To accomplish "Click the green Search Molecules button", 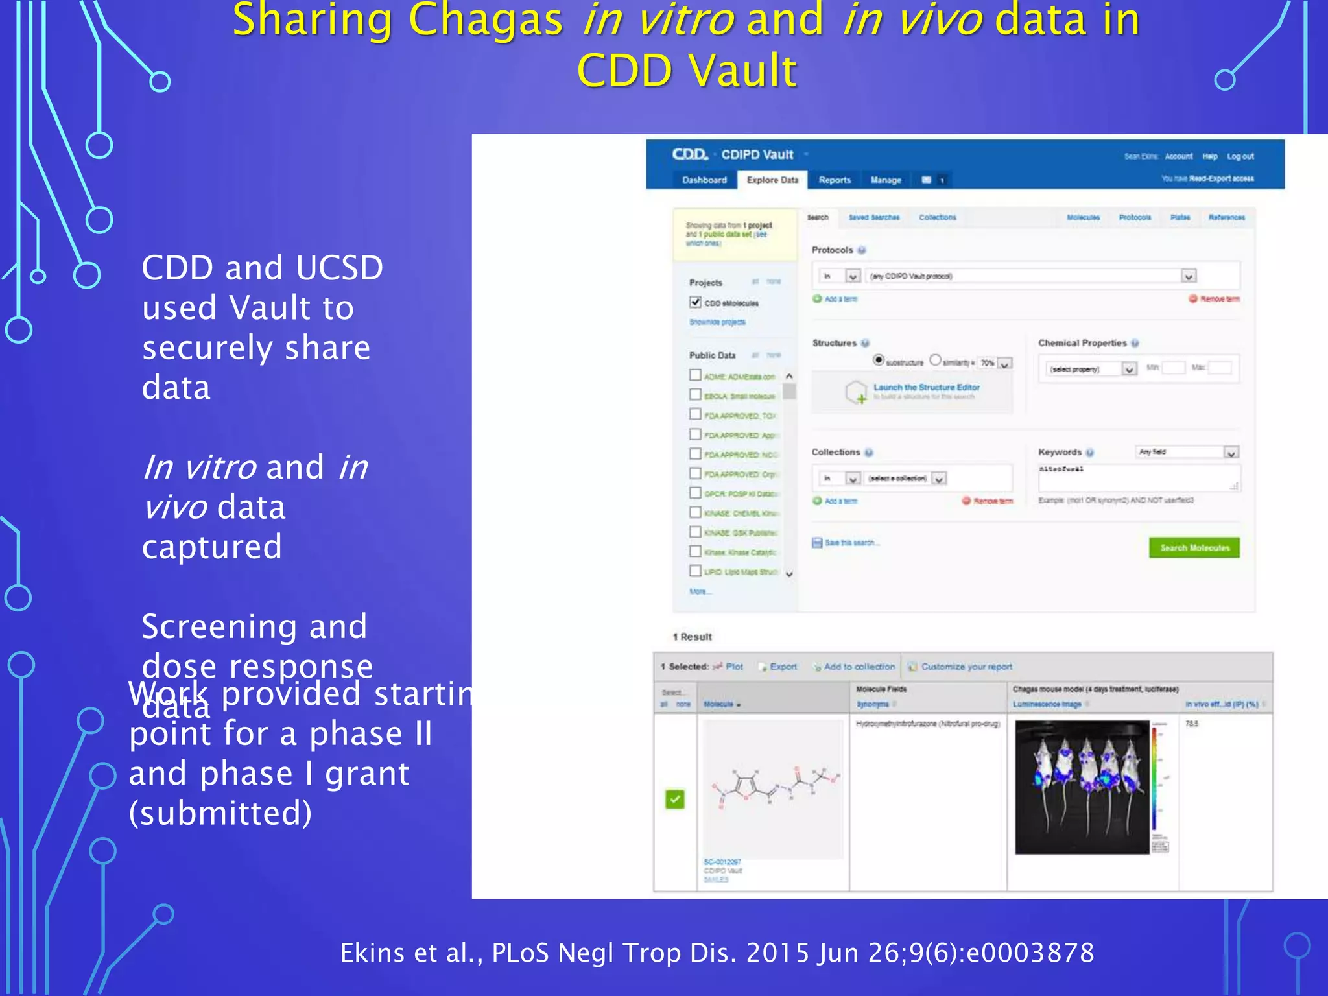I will pos(1194,548).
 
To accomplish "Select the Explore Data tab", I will pos(772,180).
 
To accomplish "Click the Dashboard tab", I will pos(704,180).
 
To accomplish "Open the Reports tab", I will pos(835,180).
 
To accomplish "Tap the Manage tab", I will pos(886,180).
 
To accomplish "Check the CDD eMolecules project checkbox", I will pos(695,302).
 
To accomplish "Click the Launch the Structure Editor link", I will pos(926,387).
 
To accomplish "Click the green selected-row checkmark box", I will pos(675,799).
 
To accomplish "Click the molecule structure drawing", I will pos(773,787).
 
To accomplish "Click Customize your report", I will pos(966,667).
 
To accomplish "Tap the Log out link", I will pos(1240,156).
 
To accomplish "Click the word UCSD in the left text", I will pos(338,268).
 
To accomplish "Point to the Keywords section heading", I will pos(1060,452).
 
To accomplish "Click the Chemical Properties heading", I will pos(1082,343).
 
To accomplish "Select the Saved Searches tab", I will pos(873,217).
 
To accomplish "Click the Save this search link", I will pos(851,543).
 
